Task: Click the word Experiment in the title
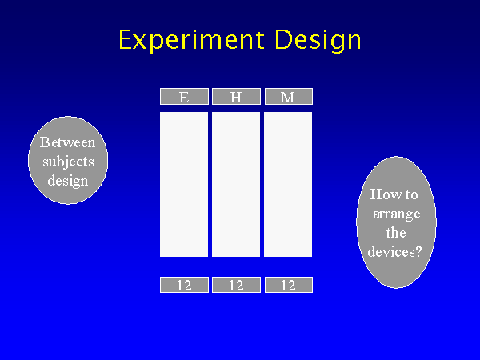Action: tap(192, 39)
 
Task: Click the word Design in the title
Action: tap(318, 40)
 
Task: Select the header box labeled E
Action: tap(184, 97)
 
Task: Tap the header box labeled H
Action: tap(236, 97)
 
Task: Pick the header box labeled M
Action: tap(288, 97)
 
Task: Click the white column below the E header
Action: tap(184, 184)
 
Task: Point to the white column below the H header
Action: tap(236, 184)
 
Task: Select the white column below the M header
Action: tap(288, 184)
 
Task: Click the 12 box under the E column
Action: tap(184, 285)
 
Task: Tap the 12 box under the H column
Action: tap(236, 285)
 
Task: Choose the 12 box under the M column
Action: tap(288, 285)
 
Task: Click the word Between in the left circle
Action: tap(68, 142)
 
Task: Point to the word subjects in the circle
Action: tap(68, 162)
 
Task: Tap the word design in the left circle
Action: tap(68, 182)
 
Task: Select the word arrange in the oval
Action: tap(397, 214)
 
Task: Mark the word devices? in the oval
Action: tap(394, 252)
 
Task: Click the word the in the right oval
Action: tap(396, 233)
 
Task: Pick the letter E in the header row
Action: tap(184, 98)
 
